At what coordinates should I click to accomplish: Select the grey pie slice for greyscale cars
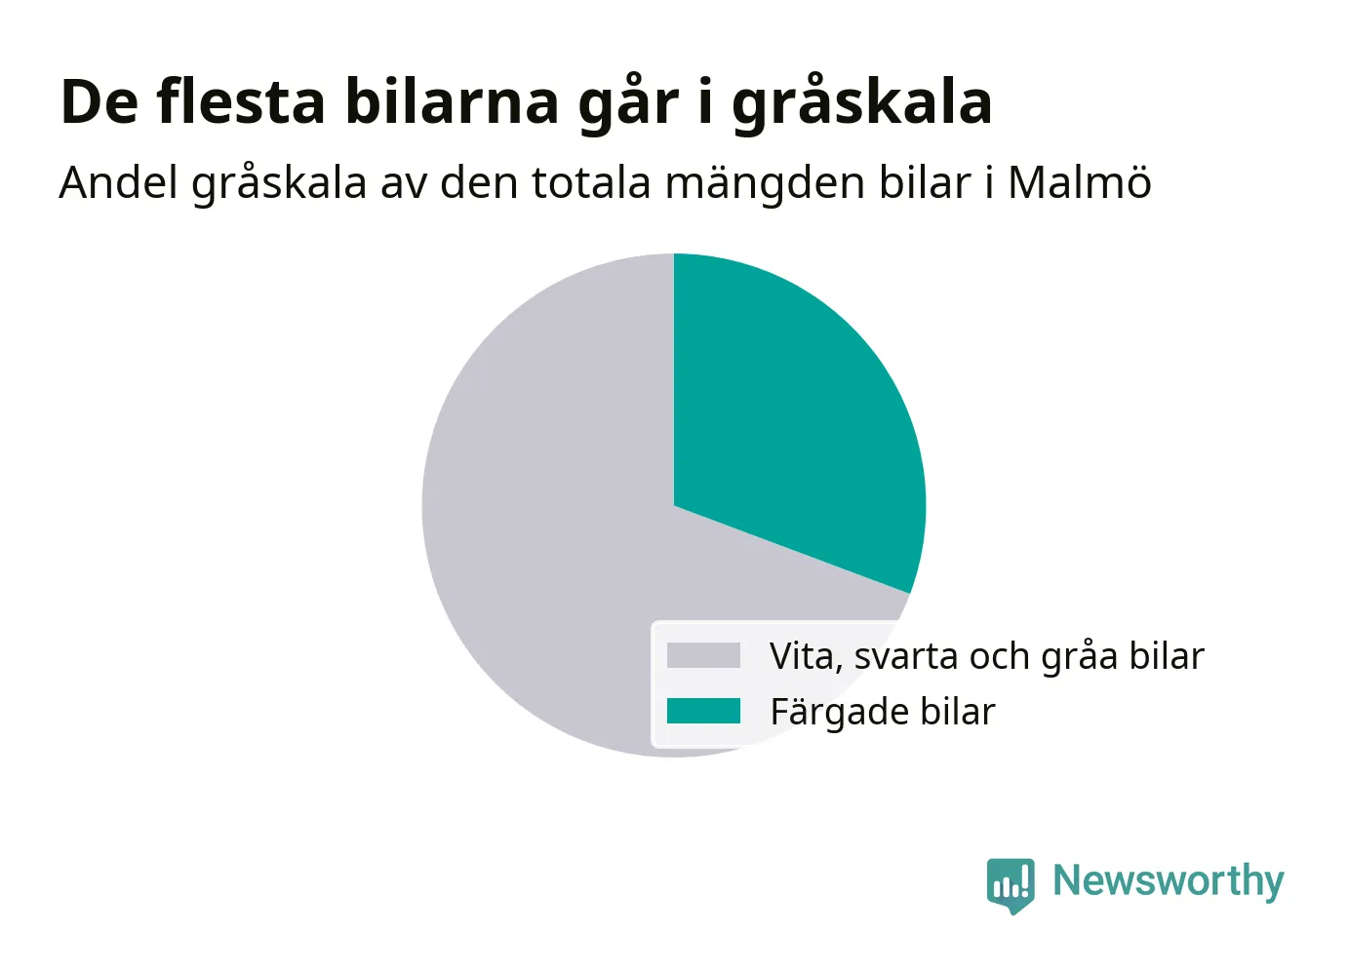coord(541,541)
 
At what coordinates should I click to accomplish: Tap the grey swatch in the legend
coord(703,655)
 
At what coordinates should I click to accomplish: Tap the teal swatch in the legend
coord(703,711)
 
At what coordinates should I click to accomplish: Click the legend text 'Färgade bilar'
coord(883,712)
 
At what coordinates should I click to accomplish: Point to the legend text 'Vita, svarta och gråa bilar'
coord(987,656)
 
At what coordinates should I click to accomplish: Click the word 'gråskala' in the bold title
coord(861,103)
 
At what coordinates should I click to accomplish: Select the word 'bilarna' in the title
coord(452,101)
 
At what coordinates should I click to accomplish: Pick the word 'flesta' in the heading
coord(241,101)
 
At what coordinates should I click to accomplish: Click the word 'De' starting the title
coord(99,102)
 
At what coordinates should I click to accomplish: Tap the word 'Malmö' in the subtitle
coord(1080,182)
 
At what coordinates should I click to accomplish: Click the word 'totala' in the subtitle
coord(591,182)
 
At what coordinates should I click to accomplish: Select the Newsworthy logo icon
coord(1011,885)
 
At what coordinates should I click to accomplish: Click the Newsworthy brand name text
coord(1169,882)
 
